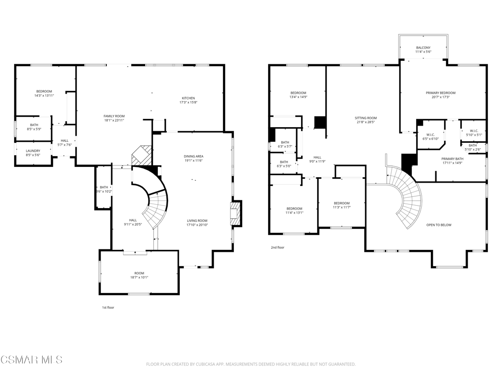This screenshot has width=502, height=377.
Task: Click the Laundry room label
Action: pyautogui.click(x=33, y=151)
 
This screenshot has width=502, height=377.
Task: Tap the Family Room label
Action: pyautogui.click(x=114, y=116)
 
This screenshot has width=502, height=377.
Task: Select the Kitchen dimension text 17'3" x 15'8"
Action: pyautogui.click(x=188, y=103)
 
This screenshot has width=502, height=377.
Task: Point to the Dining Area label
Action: pyautogui.click(x=193, y=157)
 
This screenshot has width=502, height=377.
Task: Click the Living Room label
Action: pyautogui.click(x=197, y=220)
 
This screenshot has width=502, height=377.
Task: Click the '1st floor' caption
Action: pyautogui.click(x=108, y=308)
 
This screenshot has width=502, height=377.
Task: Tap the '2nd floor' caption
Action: pyautogui.click(x=277, y=247)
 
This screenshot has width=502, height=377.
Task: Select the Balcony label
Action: pyautogui.click(x=423, y=48)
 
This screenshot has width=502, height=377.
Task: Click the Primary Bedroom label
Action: pyautogui.click(x=441, y=93)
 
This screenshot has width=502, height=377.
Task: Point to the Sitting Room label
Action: pyautogui.click(x=366, y=118)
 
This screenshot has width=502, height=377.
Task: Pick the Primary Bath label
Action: pyautogui.click(x=452, y=159)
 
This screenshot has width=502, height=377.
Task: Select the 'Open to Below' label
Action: pyautogui.click(x=439, y=225)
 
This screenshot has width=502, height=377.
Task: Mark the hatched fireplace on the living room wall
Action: pyautogui.click(x=236, y=214)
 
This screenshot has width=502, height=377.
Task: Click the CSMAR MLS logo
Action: pyautogui.click(x=31, y=360)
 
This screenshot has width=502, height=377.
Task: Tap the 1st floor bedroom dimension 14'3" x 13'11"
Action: pyautogui.click(x=44, y=96)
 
